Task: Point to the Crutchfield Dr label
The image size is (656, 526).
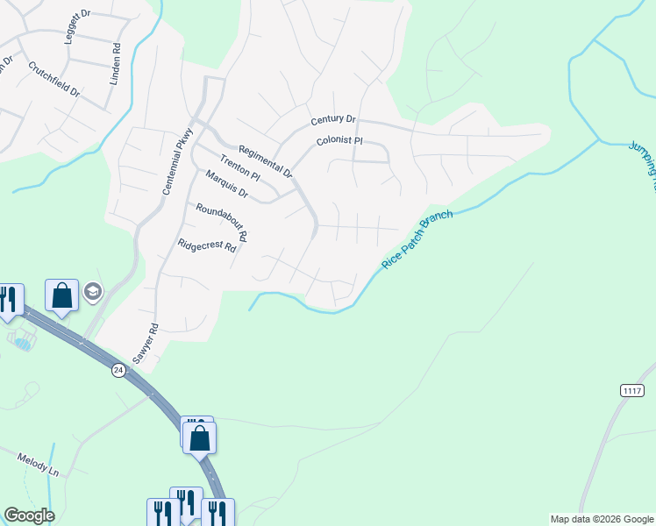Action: [53, 79]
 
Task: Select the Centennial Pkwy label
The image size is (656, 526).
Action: [175, 160]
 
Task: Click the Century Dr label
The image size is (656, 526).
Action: [332, 119]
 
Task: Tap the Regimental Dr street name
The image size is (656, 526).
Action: [264, 161]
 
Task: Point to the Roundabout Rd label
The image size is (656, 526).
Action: [221, 222]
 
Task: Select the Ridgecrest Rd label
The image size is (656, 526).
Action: [207, 246]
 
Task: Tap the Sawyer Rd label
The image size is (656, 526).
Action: [144, 344]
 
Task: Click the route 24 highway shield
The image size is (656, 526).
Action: [118, 371]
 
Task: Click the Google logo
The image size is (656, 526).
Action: [29, 515]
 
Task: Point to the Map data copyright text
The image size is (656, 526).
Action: [602, 519]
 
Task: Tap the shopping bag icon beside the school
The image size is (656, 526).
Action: [62, 295]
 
